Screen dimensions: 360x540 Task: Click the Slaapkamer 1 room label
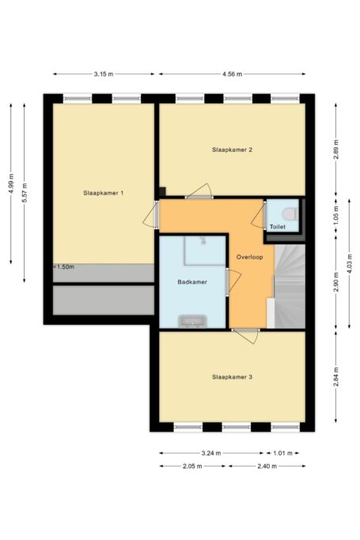[x=104, y=193]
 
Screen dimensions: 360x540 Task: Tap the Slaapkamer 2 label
[x=232, y=149]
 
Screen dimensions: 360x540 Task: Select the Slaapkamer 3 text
[x=232, y=377]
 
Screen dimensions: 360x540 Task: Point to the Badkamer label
[x=192, y=282]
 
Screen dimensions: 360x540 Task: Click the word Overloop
[x=250, y=257]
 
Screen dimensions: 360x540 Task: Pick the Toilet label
[x=278, y=227]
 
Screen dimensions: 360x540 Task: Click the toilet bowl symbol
[x=290, y=213]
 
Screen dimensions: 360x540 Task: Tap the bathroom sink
[x=192, y=321]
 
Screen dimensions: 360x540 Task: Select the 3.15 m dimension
[x=104, y=74]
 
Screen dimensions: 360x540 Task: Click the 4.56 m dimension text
[x=232, y=74]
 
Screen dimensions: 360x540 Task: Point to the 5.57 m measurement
[x=24, y=194]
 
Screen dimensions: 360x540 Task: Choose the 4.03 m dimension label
[x=350, y=263]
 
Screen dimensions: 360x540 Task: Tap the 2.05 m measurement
[x=192, y=466]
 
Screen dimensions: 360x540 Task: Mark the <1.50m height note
[x=64, y=267]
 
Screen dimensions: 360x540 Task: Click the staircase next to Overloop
[x=290, y=286]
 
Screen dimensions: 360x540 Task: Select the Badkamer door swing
[x=233, y=282]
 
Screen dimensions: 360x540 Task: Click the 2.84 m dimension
[x=336, y=377]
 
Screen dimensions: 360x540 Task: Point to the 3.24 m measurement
[x=211, y=453]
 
